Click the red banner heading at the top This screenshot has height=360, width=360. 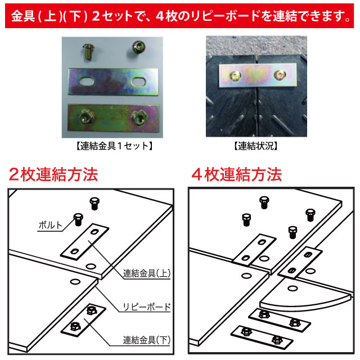click(x=180, y=15)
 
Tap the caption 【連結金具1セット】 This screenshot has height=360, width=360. click(x=113, y=146)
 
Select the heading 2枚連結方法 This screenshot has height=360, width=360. click(x=53, y=174)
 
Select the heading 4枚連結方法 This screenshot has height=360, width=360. click(x=236, y=174)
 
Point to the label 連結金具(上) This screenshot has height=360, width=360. click(x=147, y=274)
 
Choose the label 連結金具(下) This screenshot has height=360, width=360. click(x=147, y=340)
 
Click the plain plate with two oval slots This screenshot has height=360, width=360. click(x=112, y=82)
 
